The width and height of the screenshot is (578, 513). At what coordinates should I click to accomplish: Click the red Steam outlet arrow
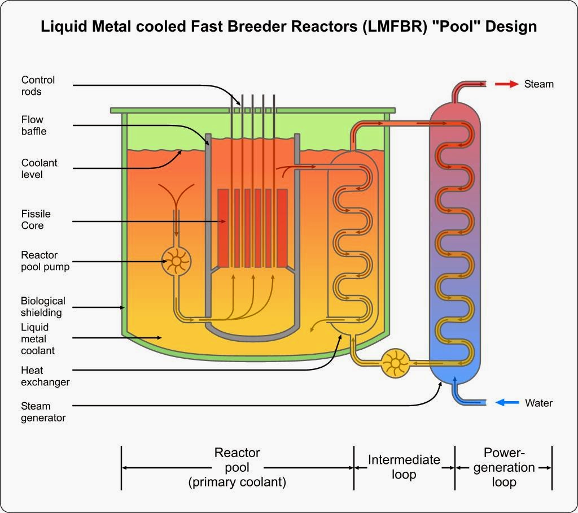pos(506,84)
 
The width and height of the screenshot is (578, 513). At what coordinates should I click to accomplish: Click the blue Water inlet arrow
pos(507,403)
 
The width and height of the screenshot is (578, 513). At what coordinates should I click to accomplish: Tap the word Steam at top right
pos(539,84)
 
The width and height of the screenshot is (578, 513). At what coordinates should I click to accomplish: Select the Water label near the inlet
pos(538,403)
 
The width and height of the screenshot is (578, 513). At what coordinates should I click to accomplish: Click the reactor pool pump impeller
pos(176,261)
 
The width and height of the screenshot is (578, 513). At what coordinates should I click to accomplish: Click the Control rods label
pos(38,85)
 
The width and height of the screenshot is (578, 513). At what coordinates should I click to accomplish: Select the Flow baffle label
pos(34,125)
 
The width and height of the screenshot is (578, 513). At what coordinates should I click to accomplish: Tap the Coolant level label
pos(40,168)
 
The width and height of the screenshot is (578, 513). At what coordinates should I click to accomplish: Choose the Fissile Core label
pos(36,219)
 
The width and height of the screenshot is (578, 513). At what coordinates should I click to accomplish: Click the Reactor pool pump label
pos(45,261)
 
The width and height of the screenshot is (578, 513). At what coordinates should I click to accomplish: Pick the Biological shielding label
pos(43,306)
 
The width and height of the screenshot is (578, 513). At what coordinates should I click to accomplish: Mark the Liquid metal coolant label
pos(38,339)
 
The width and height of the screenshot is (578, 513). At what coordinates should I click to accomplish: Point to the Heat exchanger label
pos(45,376)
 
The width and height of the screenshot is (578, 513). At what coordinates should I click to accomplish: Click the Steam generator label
pos(43,412)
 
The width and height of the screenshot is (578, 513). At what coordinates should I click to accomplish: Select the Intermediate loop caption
pos(404,467)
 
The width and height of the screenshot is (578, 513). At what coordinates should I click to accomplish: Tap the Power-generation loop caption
pos(504,467)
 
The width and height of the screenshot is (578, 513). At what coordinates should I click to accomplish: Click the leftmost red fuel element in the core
pos(223,228)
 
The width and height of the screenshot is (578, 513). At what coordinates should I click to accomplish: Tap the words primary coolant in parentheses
pos(237,482)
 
